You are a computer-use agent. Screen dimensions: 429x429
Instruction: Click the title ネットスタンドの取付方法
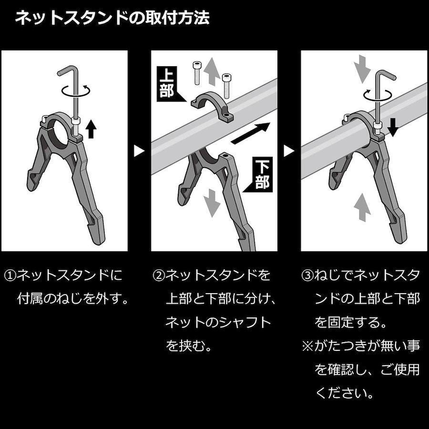point(112,18)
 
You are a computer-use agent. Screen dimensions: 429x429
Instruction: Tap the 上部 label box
point(167,84)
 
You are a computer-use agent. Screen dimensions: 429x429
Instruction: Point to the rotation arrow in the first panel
point(76,91)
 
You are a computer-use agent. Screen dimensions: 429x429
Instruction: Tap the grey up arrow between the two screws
point(212,71)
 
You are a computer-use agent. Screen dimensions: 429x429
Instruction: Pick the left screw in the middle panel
point(197,73)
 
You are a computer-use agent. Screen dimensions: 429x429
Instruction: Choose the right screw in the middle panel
point(226,86)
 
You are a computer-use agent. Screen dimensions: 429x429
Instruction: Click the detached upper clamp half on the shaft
point(212,107)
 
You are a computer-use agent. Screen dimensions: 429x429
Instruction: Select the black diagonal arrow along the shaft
point(250,133)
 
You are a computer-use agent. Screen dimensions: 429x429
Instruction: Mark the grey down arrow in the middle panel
point(212,203)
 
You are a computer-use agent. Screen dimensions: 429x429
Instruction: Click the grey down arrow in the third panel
point(362,69)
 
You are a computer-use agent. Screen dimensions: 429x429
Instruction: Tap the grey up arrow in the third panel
point(362,207)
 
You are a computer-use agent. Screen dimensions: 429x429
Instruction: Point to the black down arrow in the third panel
point(393,127)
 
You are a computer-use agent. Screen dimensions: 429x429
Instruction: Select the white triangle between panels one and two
point(139,151)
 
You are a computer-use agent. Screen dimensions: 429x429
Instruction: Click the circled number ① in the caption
point(10,276)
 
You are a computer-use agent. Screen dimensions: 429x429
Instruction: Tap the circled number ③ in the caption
point(307,276)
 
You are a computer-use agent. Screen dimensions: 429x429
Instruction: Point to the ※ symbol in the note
point(307,346)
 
